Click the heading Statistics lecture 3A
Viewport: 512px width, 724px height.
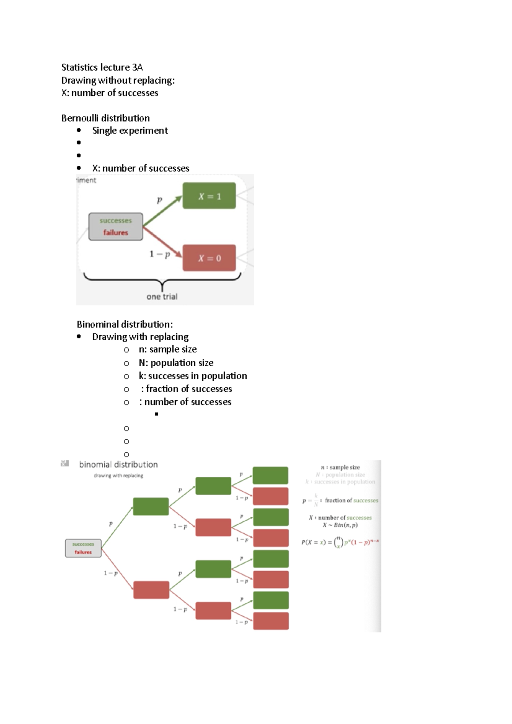point(102,67)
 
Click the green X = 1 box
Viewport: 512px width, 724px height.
point(209,196)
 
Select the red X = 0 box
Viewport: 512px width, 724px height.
point(209,258)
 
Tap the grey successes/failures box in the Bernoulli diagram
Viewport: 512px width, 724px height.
point(116,227)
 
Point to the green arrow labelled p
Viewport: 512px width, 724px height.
point(162,211)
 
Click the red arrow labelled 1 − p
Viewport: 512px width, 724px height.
point(162,242)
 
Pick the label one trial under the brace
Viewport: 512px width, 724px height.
point(162,297)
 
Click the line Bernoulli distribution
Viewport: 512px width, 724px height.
point(105,118)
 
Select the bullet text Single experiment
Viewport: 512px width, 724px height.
point(130,130)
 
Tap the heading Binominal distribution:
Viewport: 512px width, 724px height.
point(125,324)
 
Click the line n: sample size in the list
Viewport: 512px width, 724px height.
point(168,349)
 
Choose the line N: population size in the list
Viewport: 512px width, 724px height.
point(176,363)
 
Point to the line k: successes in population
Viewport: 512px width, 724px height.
point(193,376)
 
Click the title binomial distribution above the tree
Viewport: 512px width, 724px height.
point(118,464)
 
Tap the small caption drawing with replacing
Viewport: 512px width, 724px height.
point(119,475)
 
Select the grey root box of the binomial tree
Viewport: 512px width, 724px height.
point(83,548)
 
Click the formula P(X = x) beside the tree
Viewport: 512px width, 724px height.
point(340,542)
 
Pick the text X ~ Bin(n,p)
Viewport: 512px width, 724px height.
point(340,525)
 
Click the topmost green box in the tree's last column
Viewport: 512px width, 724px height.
point(271,475)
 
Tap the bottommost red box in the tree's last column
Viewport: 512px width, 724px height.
point(271,621)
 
